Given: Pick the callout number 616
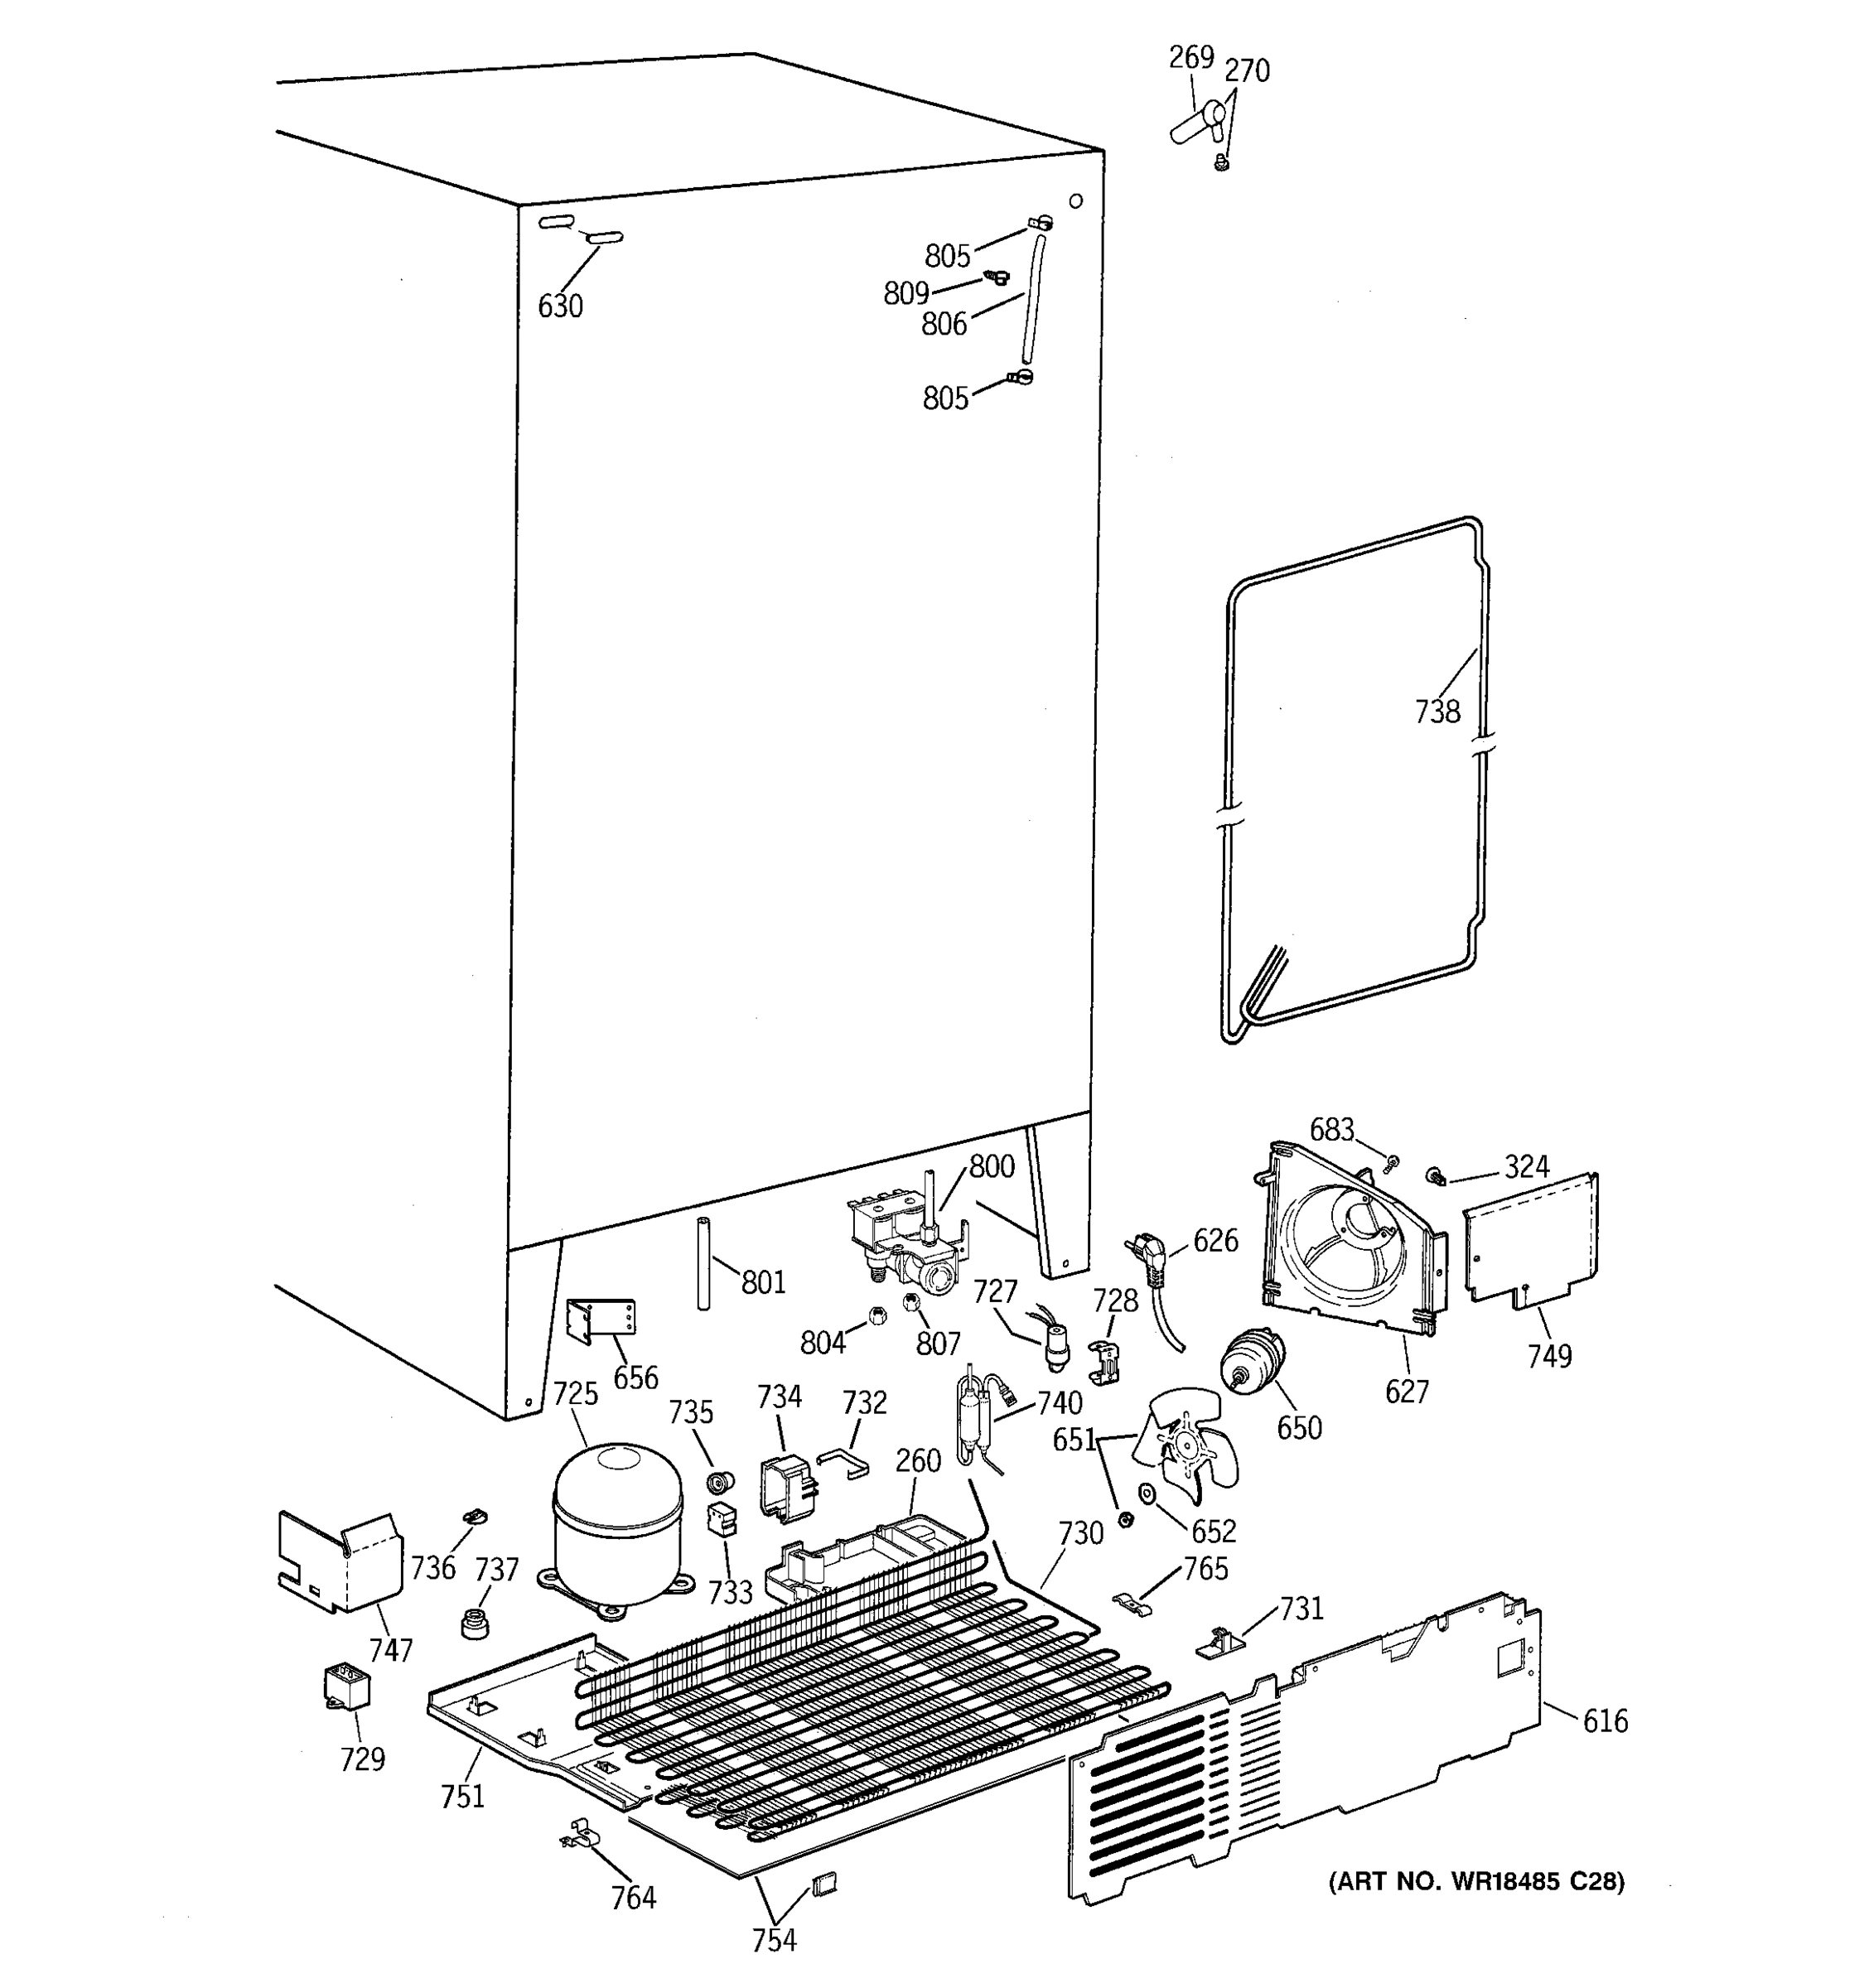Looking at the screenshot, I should click(x=1604, y=1721).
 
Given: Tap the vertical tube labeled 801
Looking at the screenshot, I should click(x=703, y=1263).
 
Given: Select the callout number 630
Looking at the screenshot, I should click(x=560, y=306).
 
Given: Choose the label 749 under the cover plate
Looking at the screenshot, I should click(x=1549, y=1356).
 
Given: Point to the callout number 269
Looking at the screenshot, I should click(x=1191, y=58).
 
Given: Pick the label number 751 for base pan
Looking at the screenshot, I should click(x=462, y=1796).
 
